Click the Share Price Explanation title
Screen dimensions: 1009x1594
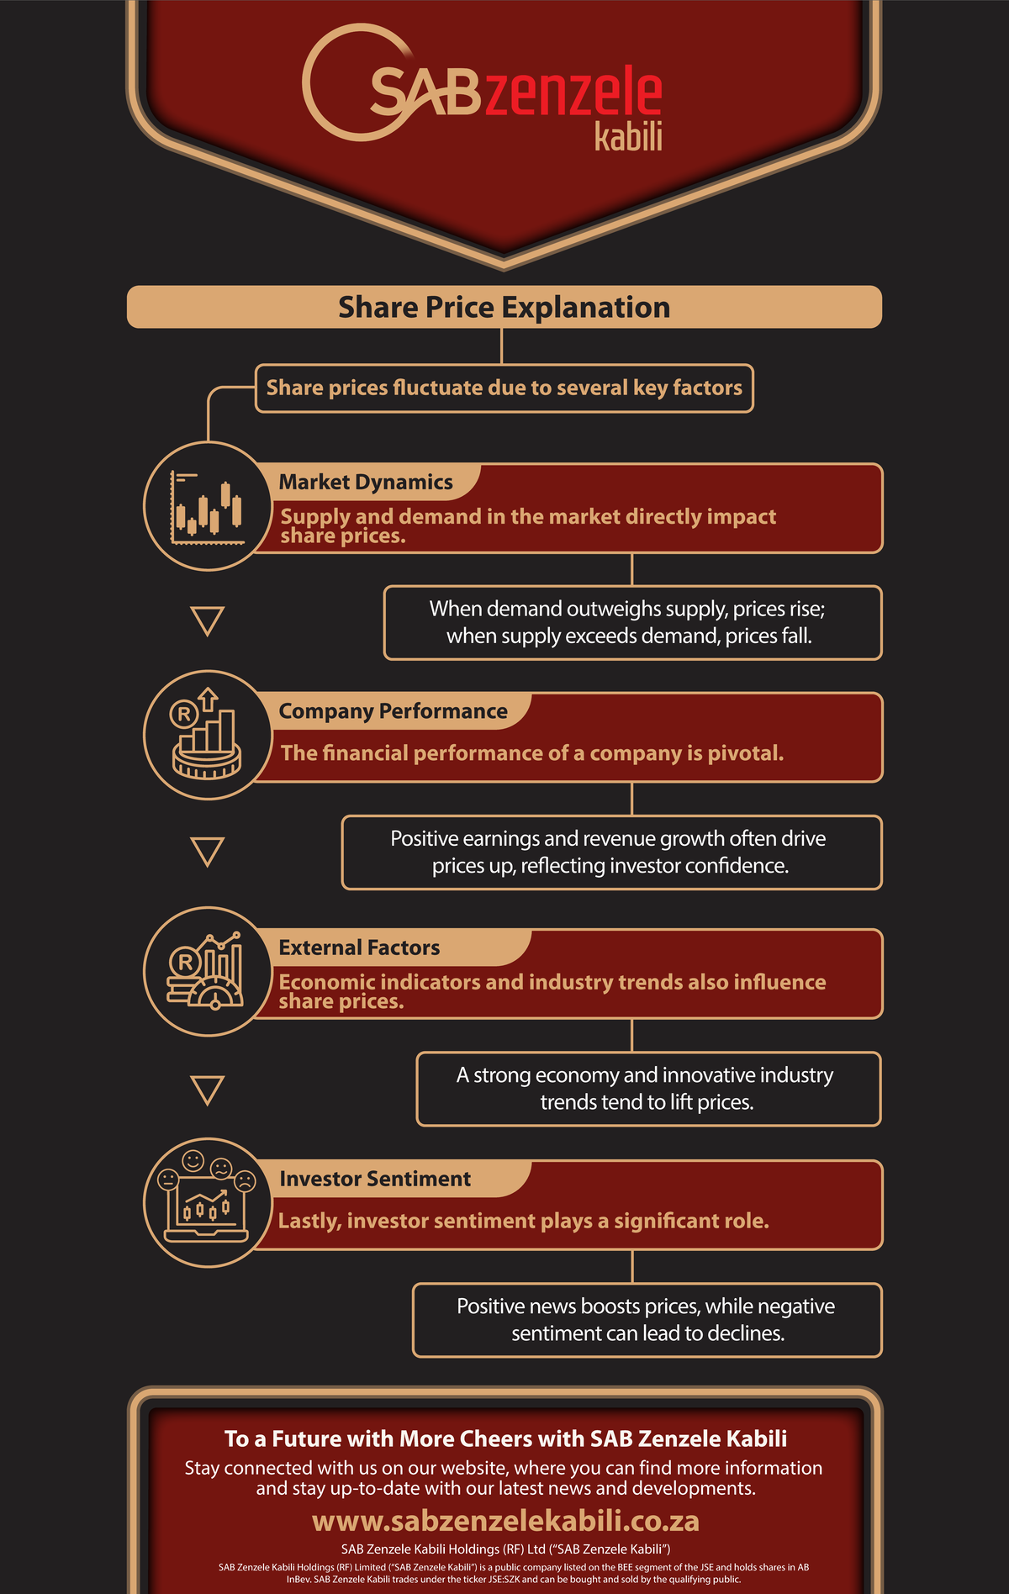(x=504, y=307)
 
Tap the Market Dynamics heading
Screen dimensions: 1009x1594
(x=366, y=482)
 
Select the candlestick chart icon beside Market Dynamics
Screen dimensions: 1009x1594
(x=208, y=506)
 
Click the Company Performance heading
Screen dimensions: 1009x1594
(x=393, y=711)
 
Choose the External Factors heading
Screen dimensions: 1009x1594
(x=359, y=947)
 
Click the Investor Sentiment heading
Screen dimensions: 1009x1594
(x=375, y=1179)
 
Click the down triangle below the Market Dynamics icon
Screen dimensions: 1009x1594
(x=208, y=620)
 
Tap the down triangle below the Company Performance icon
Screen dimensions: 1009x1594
(x=208, y=852)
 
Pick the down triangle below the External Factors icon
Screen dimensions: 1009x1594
(x=208, y=1090)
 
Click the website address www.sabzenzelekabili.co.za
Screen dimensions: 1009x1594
(x=505, y=1520)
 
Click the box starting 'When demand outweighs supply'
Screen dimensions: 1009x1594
(x=633, y=622)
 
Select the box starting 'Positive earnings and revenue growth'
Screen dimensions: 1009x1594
(x=612, y=852)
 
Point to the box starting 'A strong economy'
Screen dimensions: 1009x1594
(x=649, y=1089)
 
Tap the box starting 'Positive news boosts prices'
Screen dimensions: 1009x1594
(x=647, y=1320)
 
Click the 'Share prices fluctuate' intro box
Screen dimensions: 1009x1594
(x=504, y=388)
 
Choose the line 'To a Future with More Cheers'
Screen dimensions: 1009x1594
(x=505, y=1438)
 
